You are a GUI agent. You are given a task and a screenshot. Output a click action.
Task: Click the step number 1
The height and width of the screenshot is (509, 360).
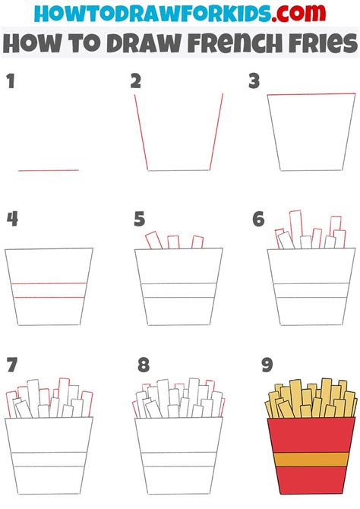11,83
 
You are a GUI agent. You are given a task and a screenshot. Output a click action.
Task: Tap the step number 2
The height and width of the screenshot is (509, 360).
136,82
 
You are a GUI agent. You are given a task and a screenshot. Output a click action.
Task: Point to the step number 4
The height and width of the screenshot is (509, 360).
12,220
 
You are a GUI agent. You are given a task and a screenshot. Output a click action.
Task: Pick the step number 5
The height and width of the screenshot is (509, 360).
139,220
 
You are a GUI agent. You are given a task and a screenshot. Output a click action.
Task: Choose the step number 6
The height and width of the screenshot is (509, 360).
258,220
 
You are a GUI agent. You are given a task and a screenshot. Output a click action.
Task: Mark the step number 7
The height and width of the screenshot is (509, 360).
11,365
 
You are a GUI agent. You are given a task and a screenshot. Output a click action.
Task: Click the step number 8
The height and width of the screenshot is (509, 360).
144,365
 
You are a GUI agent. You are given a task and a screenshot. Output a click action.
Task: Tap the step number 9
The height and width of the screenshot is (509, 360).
266,365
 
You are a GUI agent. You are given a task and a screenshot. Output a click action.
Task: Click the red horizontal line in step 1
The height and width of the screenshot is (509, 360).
49,170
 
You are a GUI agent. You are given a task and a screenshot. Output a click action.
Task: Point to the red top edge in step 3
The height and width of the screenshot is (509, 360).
311,95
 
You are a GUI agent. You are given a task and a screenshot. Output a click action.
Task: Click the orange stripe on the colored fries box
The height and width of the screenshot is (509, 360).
311,460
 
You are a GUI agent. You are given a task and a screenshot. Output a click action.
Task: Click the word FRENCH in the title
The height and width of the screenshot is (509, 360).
230,44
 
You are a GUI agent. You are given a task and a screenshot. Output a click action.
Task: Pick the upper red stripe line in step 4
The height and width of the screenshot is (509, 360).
49,283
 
